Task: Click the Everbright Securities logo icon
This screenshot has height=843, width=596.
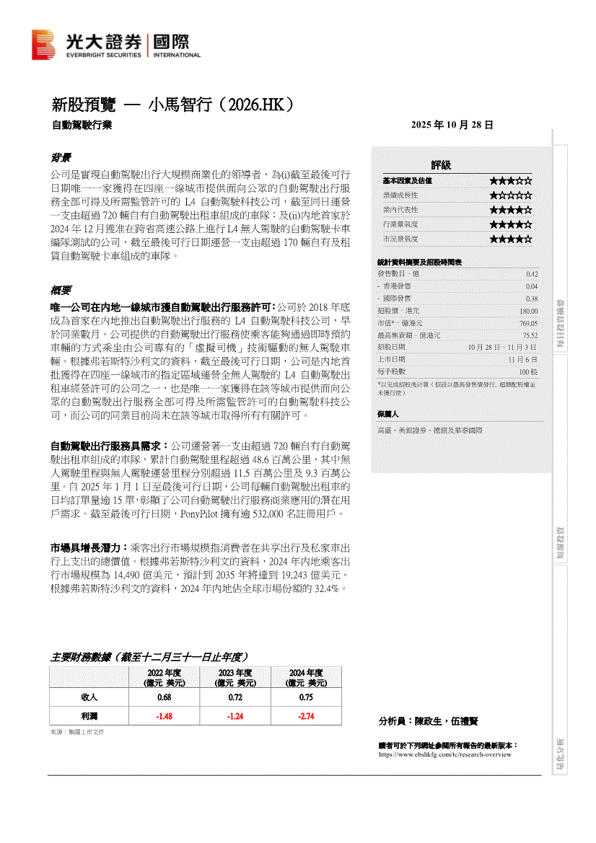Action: tap(43, 45)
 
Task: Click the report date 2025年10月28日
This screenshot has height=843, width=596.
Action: tap(452, 125)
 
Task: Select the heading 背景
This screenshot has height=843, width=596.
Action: tap(60, 157)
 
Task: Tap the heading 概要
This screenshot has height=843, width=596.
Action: tap(60, 291)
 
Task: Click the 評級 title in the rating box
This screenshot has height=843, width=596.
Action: tap(441, 165)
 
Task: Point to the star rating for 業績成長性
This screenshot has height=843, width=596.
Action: tap(510, 195)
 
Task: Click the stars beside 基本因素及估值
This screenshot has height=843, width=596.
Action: tap(510, 181)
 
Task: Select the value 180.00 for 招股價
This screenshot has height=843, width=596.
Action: tap(528, 311)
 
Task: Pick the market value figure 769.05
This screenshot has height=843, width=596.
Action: tap(528, 323)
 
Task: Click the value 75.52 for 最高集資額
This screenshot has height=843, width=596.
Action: tap(530, 335)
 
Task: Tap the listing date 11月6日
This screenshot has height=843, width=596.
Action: tap(522, 359)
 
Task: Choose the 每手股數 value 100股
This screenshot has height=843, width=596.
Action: tap(527, 371)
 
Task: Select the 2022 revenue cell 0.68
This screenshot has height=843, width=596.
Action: tap(165, 697)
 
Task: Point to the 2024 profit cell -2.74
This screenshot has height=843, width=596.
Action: tap(307, 716)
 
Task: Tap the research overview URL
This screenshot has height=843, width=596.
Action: tap(444, 754)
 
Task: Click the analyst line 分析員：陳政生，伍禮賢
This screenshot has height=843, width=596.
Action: tap(428, 720)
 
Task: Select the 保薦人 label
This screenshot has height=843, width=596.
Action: tap(387, 415)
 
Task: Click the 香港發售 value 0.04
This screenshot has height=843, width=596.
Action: tap(531, 286)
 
